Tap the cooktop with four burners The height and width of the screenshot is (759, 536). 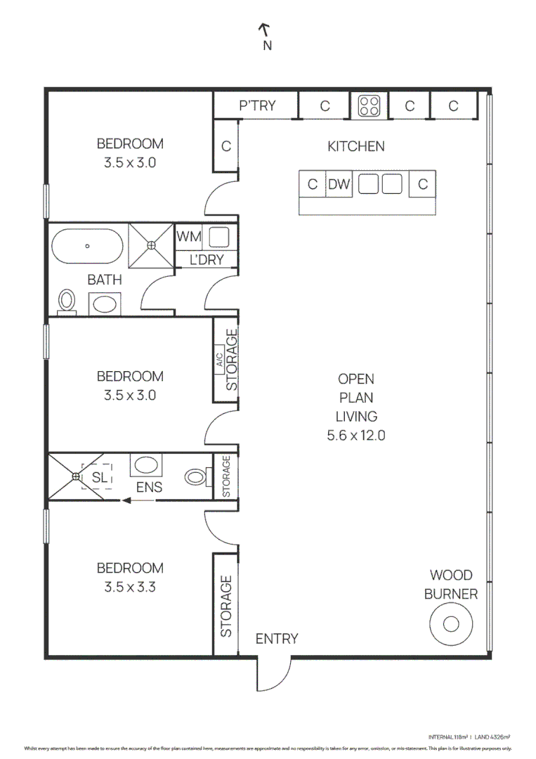[370, 106]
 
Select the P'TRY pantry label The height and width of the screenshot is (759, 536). [257, 106]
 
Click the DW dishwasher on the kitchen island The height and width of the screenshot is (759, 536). [339, 184]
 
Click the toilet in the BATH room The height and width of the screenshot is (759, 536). [67, 301]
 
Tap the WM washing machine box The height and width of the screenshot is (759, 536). [188, 237]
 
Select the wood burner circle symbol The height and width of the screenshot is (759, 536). [451, 624]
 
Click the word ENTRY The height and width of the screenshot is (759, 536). [276, 639]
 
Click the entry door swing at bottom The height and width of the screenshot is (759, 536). [273, 675]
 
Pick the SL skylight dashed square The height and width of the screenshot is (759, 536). [97, 476]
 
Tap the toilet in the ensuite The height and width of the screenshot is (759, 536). [197, 477]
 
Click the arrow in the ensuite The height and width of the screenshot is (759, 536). [137, 500]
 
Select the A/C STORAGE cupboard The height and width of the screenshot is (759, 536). [226, 361]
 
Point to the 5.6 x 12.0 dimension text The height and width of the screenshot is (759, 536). [356, 435]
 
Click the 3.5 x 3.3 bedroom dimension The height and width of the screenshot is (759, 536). [129, 587]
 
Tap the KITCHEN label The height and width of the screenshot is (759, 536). [356, 147]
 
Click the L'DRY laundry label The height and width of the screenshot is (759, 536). [207, 260]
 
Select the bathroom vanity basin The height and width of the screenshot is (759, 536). [105, 304]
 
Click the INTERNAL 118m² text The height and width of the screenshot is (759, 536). [448, 737]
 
